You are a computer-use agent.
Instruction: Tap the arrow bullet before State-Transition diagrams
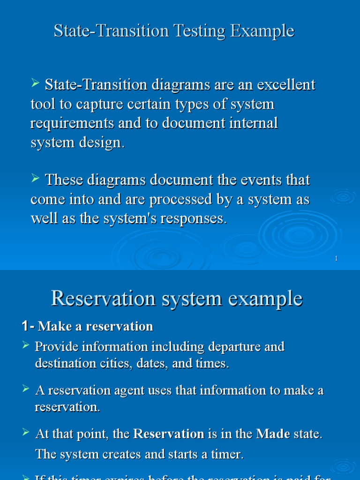[35, 83]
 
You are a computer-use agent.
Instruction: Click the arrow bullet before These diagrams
[35, 178]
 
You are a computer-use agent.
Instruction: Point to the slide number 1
[337, 259]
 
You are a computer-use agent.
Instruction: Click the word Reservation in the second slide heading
[103, 298]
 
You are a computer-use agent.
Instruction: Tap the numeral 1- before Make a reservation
[28, 326]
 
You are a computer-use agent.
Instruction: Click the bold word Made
[273, 434]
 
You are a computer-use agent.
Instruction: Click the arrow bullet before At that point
[26, 433]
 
